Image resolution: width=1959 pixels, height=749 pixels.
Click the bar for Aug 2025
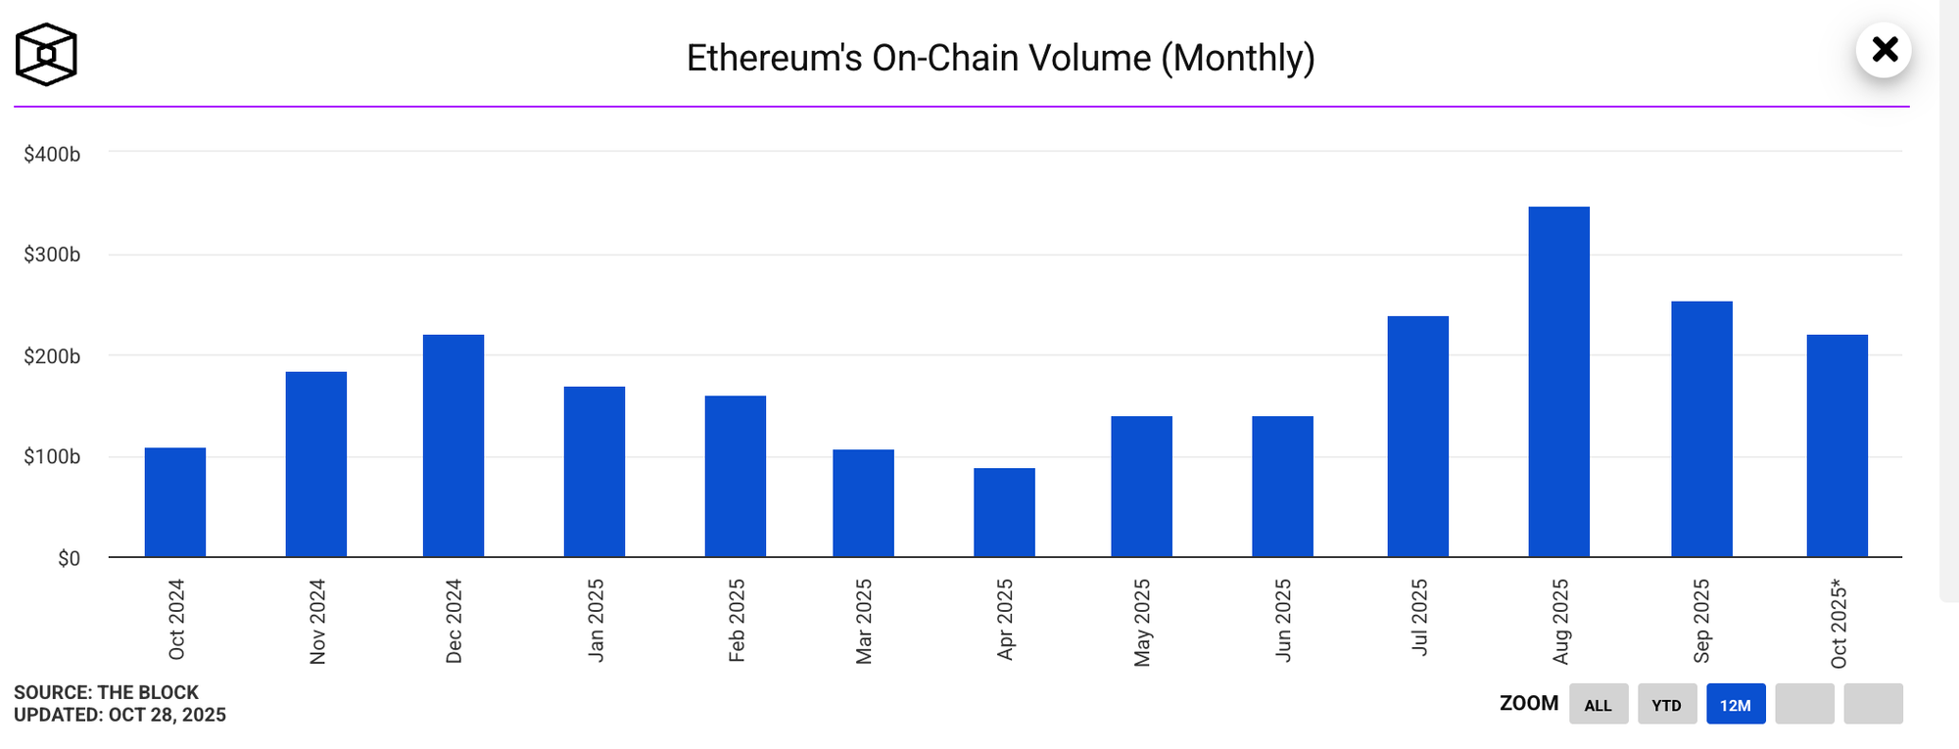point(1558,382)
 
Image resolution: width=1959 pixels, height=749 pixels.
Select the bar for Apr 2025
point(1004,512)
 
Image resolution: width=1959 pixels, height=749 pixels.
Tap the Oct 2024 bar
point(175,502)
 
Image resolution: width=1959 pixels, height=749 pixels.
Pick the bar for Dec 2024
point(454,445)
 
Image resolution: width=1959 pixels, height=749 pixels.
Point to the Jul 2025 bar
point(1417,437)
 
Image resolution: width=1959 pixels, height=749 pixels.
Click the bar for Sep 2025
point(1701,429)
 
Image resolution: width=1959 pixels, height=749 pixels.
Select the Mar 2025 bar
point(863,503)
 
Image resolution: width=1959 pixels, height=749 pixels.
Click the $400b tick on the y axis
point(52,154)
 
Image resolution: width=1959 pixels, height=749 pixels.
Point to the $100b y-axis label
point(52,456)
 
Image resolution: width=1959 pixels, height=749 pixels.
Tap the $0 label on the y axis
point(69,558)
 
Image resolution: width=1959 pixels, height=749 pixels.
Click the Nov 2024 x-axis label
point(317,622)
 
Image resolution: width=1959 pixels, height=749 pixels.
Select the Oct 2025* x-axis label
point(1839,624)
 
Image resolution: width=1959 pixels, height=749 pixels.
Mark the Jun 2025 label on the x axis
point(1283,621)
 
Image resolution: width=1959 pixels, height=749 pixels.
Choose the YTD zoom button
point(1666,705)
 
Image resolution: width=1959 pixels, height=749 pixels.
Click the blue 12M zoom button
point(1735,705)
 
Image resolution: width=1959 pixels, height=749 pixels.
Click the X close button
point(1884,50)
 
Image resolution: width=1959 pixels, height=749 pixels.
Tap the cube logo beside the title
point(46,55)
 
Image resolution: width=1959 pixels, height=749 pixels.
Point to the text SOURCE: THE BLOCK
point(106,692)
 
